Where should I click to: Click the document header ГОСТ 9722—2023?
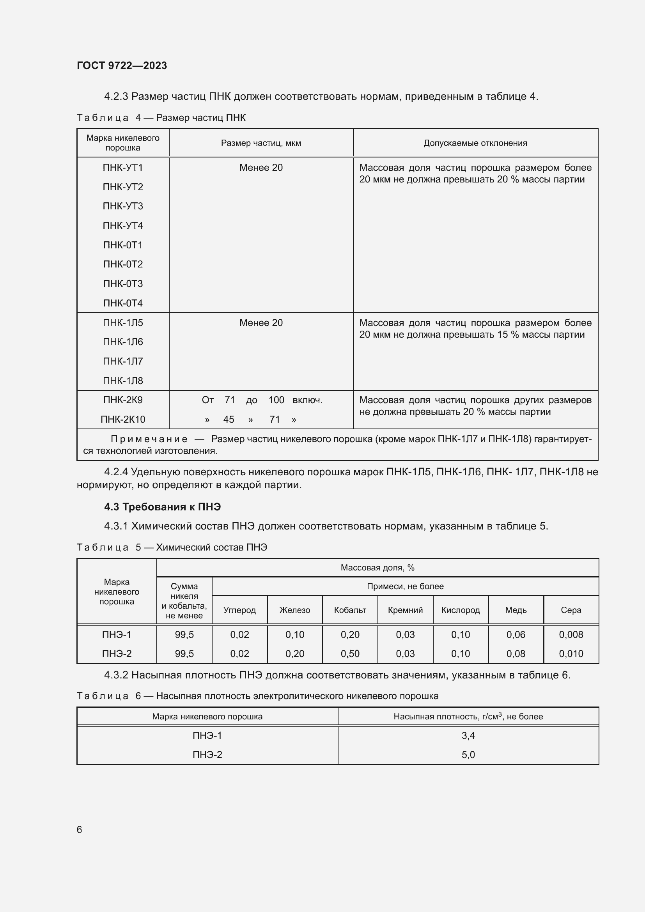click(x=122, y=66)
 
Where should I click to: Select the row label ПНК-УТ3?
click(x=123, y=206)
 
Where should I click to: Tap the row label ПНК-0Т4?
click(x=123, y=303)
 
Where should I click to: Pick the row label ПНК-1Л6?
click(x=123, y=342)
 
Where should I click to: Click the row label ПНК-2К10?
click(x=123, y=419)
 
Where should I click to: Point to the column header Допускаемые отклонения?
click(x=475, y=143)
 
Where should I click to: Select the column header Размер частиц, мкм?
click(x=261, y=143)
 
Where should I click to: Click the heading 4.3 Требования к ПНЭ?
click(x=163, y=507)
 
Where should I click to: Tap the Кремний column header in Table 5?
click(x=405, y=610)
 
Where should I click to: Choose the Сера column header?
click(x=571, y=610)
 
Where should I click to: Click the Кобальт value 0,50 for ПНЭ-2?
click(x=350, y=653)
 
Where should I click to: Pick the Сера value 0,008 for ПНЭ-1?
click(x=571, y=634)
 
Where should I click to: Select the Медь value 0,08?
click(x=516, y=653)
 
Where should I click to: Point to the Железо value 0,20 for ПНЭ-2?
click(x=295, y=653)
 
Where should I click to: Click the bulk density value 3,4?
click(x=468, y=735)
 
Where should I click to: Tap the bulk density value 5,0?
click(x=468, y=754)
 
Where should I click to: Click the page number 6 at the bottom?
click(x=80, y=829)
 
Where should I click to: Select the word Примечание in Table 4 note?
click(x=149, y=439)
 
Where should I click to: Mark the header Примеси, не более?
click(x=405, y=586)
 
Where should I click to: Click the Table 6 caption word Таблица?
click(x=103, y=696)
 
